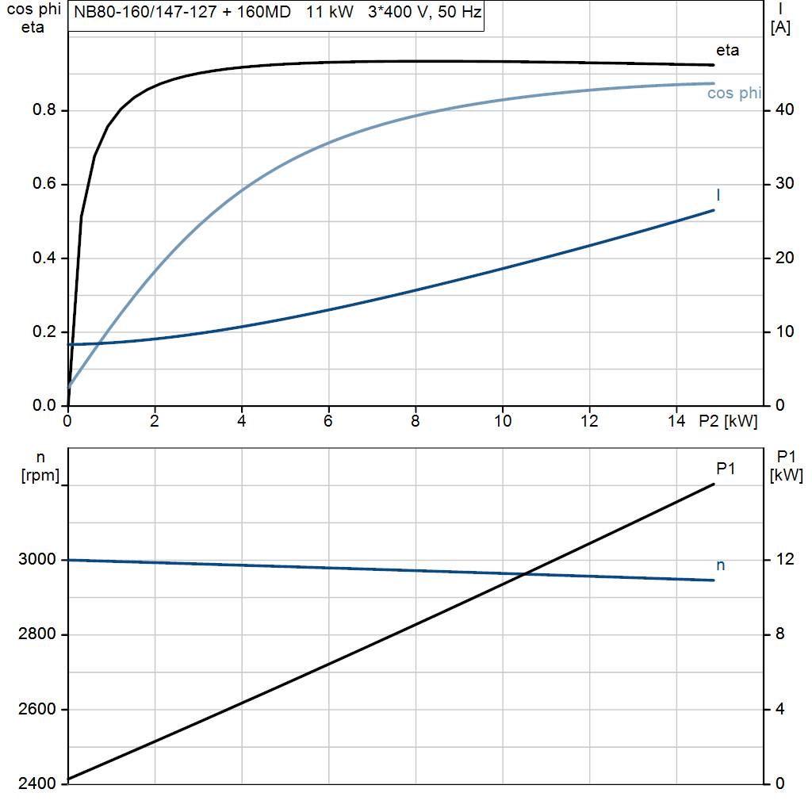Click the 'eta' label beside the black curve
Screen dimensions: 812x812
[727, 51]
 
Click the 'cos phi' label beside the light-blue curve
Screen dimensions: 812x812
[733, 94]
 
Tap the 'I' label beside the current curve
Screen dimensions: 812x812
[718, 195]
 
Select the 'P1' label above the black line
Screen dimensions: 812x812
[726, 469]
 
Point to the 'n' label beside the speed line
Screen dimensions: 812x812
[721, 565]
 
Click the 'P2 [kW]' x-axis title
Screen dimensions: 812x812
[728, 422]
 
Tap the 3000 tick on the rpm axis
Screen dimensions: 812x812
[36, 560]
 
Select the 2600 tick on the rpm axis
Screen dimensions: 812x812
[36, 709]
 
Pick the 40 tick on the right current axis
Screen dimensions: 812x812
[781, 110]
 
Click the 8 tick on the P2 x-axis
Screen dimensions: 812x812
[415, 422]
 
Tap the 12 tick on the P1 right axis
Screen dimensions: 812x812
[782, 560]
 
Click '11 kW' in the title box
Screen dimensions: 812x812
[330, 13]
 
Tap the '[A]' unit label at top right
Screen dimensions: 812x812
[780, 29]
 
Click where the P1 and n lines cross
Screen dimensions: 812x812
[524, 573]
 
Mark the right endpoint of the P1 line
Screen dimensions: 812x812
[714, 484]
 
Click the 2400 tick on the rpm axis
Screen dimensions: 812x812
[36, 783]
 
